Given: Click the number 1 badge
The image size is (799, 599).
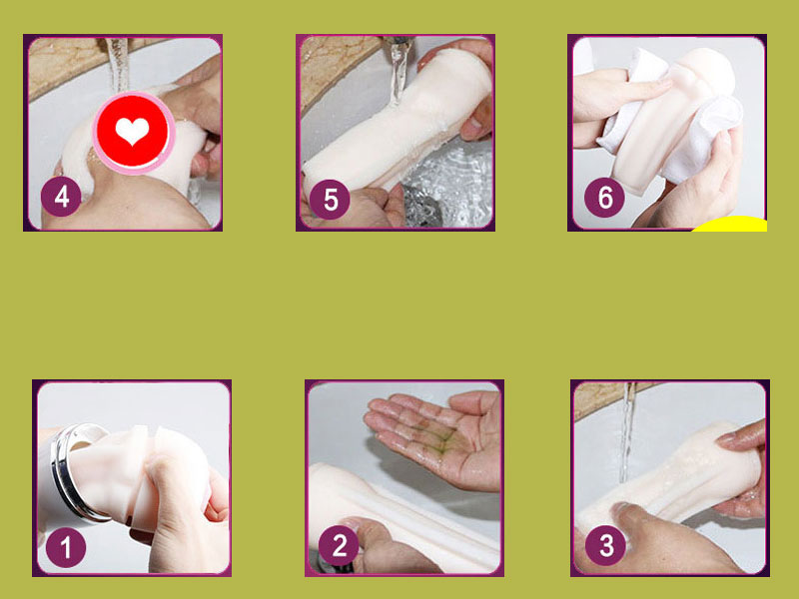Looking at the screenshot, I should (67, 546).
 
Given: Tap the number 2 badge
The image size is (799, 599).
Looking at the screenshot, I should (340, 546).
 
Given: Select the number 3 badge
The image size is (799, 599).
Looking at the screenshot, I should (604, 546).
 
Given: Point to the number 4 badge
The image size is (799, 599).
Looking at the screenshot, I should (61, 197).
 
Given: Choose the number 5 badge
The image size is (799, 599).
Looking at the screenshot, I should (331, 199).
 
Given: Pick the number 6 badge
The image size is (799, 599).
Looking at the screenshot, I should (604, 198).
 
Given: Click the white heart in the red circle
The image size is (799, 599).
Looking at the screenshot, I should (131, 131).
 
